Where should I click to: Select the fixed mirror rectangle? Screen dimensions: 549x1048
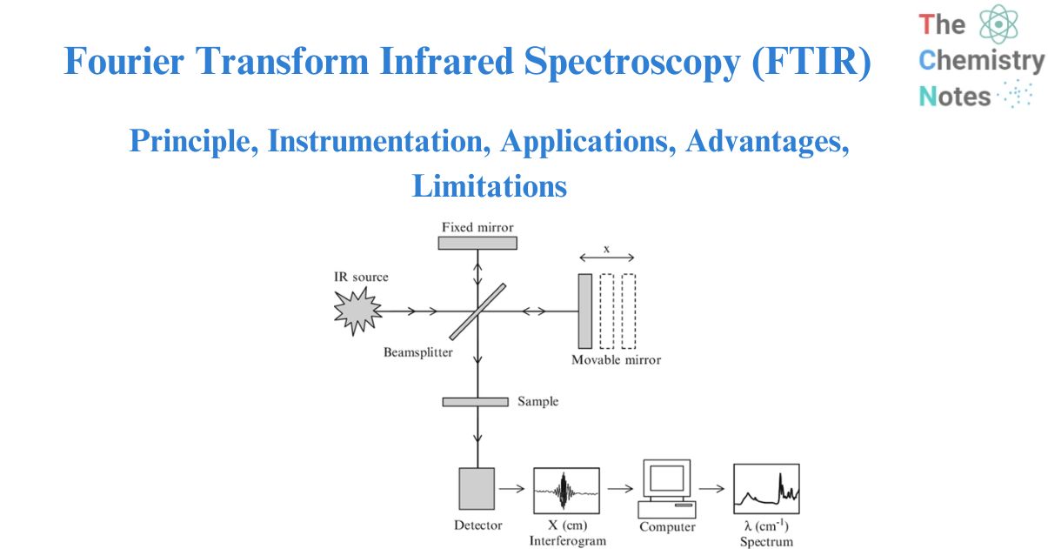tap(477, 243)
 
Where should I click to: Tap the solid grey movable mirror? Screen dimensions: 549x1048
tap(584, 310)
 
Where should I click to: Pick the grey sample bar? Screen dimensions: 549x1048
tap(475, 402)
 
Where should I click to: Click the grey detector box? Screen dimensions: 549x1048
tap(477, 488)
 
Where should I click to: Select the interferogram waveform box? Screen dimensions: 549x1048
tap(566, 489)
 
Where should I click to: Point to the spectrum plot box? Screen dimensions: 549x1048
tap(765, 489)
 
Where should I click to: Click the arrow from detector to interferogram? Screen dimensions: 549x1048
tap(514, 489)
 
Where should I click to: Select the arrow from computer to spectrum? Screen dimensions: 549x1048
tap(712, 489)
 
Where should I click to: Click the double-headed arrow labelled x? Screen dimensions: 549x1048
tap(607, 258)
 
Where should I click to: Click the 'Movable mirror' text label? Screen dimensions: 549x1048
tap(616, 359)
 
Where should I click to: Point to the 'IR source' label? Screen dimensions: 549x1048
tap(361, 277)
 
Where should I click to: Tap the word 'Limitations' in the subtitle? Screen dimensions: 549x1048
tap(489, 185)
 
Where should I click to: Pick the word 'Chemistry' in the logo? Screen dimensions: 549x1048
tap(981, 61)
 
